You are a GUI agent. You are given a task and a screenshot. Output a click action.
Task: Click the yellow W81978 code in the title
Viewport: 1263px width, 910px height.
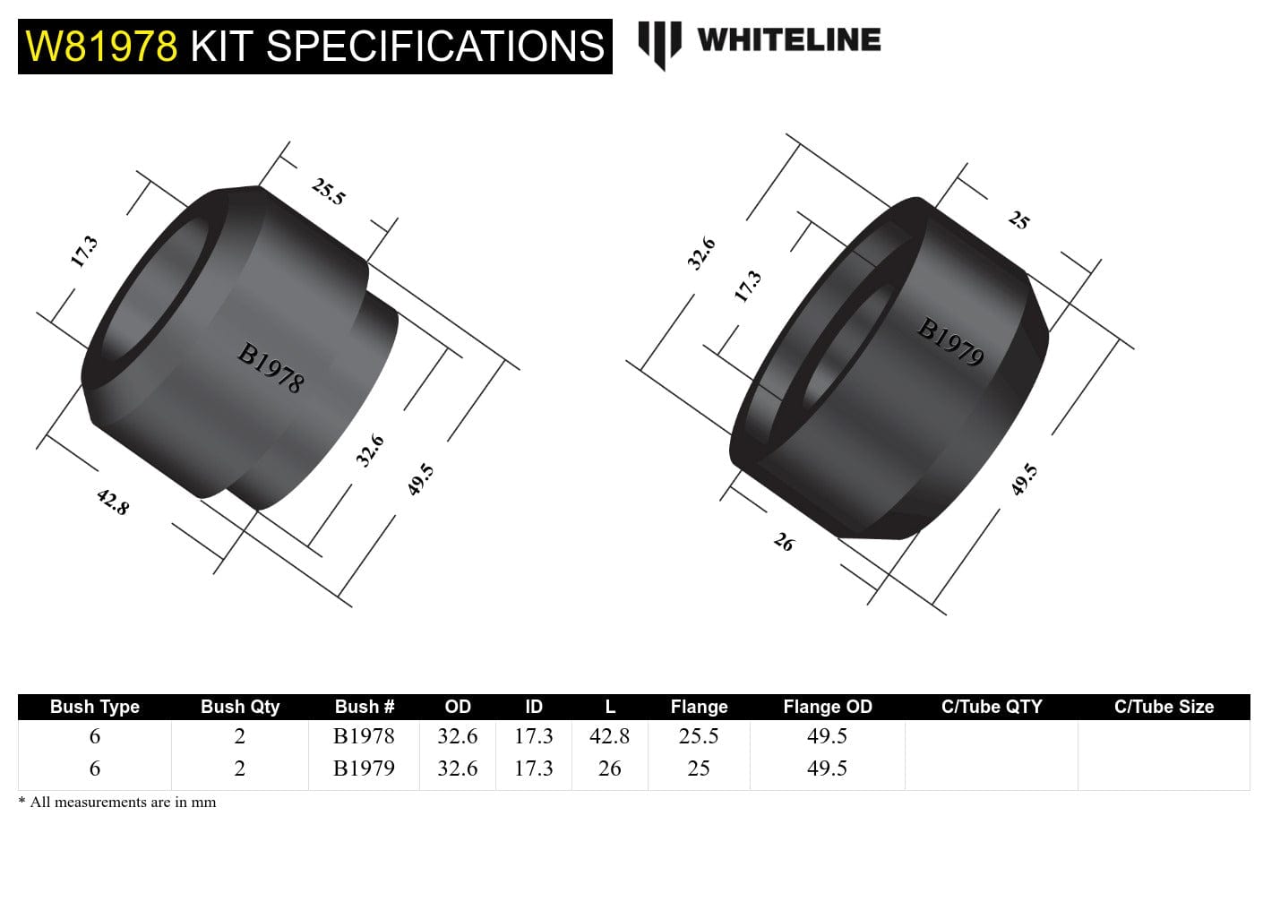click(x=101, y=46)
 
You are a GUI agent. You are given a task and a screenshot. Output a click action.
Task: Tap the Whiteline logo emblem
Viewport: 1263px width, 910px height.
click(x=659, y=43)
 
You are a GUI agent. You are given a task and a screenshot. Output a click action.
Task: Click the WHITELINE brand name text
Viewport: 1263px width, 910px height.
click(x=788, y=39)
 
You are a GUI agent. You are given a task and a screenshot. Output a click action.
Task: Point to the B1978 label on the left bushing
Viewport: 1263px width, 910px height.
click(x=271, y=368)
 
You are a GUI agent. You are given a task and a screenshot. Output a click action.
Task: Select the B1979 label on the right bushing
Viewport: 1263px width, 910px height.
click(x=950, y=342)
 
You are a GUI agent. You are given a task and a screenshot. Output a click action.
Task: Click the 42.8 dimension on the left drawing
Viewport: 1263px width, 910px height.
click(x=113, y=501)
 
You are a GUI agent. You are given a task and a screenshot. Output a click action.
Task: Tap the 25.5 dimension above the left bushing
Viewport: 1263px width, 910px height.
click(x=328, y=191)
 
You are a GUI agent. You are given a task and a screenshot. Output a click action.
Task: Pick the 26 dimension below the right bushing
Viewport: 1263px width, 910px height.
click(x=784, y=542)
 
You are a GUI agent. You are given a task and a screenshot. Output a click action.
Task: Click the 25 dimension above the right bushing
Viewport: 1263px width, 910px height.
click(x=1018, y=219)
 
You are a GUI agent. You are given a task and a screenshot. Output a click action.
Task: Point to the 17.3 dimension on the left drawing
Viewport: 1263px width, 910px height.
click(x=83, y=252)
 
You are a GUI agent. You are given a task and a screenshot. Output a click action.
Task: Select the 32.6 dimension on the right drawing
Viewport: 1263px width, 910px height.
click(x=700, y=253)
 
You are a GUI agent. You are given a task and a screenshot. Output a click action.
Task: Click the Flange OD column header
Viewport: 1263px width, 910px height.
click(x=827, y=707)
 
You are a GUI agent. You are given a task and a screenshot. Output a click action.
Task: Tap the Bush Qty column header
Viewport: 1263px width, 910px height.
click(x=240, y=707)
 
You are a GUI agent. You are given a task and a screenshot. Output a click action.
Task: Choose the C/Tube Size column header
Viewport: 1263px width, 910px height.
click(x=1164, y=707)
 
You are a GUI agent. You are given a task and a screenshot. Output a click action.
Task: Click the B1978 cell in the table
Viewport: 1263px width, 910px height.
click(x=364, y=736)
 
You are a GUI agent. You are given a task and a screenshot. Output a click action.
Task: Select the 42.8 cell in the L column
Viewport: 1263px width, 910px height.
click(x=609, y=736)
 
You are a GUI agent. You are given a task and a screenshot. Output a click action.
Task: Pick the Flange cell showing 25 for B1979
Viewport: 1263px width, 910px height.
click(x=699, y=768)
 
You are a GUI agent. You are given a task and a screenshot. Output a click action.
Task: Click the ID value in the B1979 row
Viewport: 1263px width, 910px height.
click(x=534, y=768)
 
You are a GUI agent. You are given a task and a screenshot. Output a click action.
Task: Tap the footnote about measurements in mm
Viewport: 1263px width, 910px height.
click(x=117, y=803)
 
